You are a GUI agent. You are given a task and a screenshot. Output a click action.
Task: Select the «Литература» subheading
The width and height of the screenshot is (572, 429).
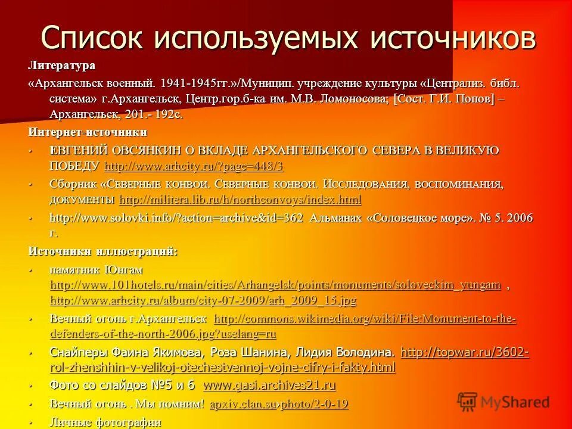tap(61, 64)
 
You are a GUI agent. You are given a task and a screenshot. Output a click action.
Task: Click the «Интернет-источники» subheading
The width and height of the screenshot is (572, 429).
tap(88, 132)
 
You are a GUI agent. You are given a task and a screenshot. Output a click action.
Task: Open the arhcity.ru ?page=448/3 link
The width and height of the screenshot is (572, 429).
tap(193, 166)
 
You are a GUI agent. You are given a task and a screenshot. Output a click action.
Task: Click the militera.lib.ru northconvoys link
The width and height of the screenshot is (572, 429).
tap(240, 199)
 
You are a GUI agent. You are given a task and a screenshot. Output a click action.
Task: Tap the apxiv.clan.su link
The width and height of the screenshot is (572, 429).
tap(243, 404)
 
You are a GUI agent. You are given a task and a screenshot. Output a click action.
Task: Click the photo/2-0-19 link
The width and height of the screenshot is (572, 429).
tap(314, 404)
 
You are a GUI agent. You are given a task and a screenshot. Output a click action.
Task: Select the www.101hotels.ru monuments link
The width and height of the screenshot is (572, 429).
tap(275, 285)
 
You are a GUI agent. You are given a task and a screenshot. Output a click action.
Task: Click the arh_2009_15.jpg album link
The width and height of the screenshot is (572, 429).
tap(203, 300)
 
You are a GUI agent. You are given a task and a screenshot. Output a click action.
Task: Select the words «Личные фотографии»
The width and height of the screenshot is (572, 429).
tap(105, 422)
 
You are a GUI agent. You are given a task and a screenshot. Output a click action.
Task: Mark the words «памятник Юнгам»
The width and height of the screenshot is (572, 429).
tap(96, 270)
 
